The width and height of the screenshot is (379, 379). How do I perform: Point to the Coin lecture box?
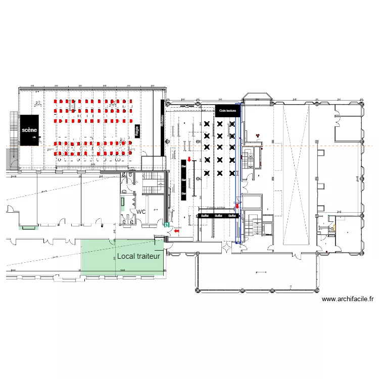pyautogui.click(x=227, y=110)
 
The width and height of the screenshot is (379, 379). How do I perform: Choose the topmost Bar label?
pyautogui.click(x=183, y=165)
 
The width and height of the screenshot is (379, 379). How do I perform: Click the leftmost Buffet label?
pyautogui.click(x=205, y=216)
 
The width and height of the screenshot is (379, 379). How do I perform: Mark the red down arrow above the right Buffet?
pyautogui.click(x=237, y=206)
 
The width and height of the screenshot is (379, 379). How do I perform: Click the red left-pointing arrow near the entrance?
pyautogui.click(x=176, y=231)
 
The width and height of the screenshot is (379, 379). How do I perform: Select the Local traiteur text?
pyautogui.click(x=138, y=256)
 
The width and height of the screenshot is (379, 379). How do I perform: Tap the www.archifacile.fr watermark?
pyautogui.click(x=347, y=299)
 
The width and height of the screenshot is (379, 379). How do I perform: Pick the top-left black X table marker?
pyautogui.click(x=207, y=123)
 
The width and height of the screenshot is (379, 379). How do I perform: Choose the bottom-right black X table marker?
pyautogui.click(x=232, y=173)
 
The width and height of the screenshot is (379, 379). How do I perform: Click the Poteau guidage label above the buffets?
pyautogui.click(x=216, y=207)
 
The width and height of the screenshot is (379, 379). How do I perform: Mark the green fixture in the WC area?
pyautogui.click(x=123, y=204)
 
